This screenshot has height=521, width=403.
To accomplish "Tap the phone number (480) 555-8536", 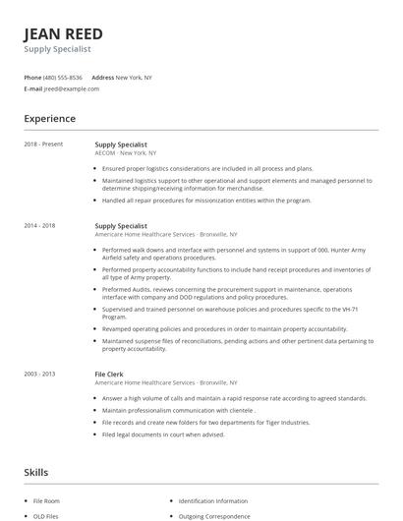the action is point(62,77).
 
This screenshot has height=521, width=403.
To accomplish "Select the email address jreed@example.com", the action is point(72,88).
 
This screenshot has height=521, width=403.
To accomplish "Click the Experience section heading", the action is point(50,119).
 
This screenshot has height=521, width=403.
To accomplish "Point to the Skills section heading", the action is point(36,473).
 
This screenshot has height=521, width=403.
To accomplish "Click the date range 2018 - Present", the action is point(43,145).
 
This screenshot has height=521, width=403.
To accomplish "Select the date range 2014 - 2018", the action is point(40,226).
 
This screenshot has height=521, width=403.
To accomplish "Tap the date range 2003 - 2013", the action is point(40,374).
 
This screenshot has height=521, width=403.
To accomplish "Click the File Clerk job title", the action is point(109,374).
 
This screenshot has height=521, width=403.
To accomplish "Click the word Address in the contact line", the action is point(102,77).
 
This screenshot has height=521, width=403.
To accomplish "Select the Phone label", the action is point(32,77).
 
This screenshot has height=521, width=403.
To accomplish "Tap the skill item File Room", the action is point(46,500).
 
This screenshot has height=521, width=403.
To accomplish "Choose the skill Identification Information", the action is point(214,500).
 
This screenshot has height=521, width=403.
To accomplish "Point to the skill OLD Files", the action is point(46,515).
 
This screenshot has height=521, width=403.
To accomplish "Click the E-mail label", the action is point(33,88).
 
